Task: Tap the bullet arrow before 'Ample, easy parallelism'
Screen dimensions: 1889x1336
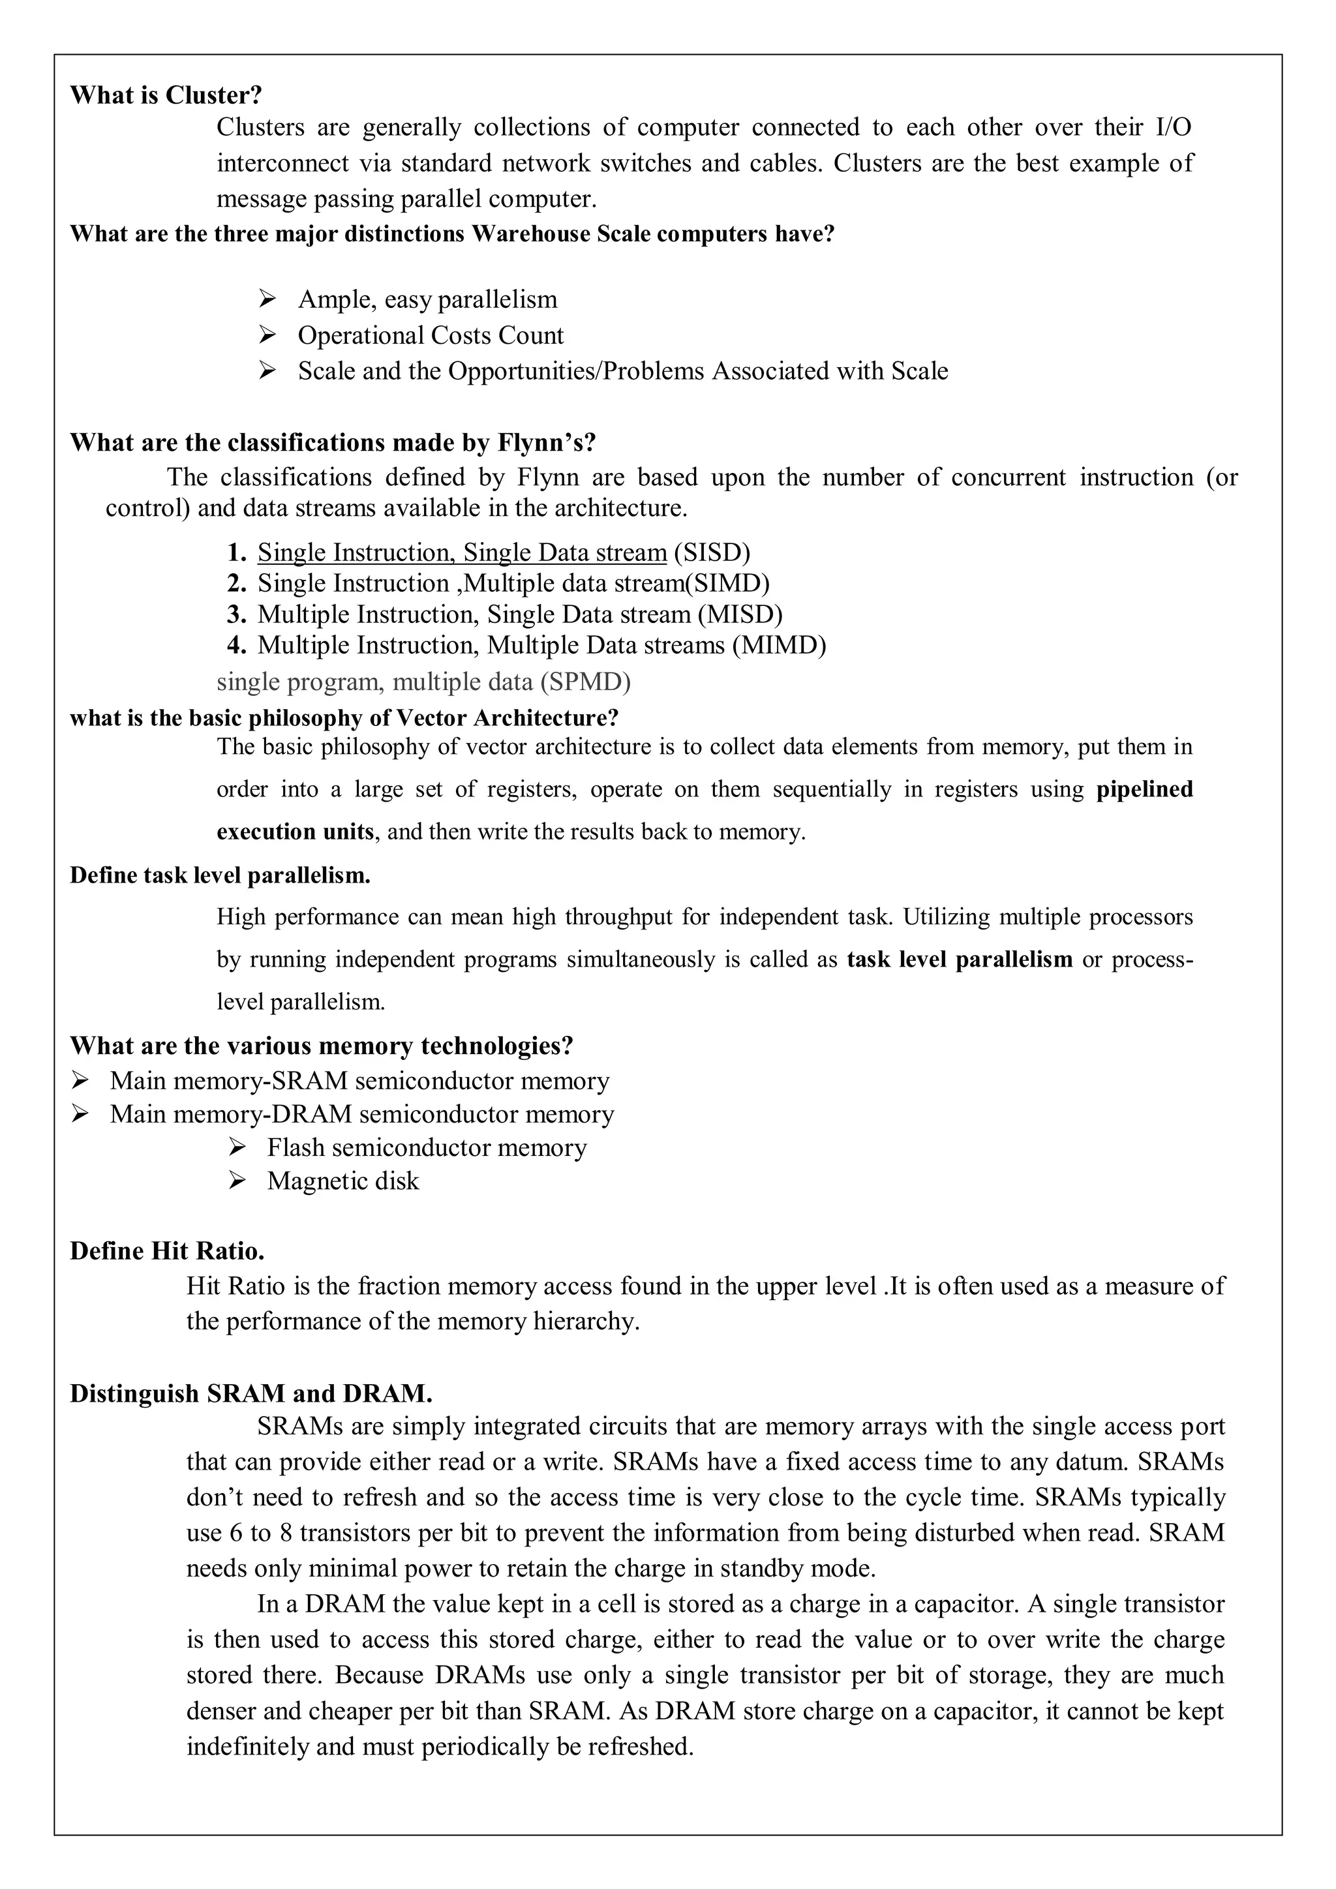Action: pos(267,298)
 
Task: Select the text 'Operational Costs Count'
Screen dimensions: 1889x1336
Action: pos(431,336)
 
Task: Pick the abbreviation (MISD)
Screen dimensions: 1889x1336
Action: pos(740,614)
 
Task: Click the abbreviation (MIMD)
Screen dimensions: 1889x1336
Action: pos(779,645)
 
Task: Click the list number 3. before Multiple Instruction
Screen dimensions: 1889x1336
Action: pos(237,614)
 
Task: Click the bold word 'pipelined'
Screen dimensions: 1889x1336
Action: pos(1144,790)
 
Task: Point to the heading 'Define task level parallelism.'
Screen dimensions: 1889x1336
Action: pos(220,875)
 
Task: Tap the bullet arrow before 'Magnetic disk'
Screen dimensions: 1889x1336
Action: pos(237,1181)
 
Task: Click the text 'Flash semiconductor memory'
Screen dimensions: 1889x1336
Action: pos(426,1148)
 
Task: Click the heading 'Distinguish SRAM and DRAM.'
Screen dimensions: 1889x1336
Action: pos(251,1394)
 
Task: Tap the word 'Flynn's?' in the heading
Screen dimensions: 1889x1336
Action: pos(546,443)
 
